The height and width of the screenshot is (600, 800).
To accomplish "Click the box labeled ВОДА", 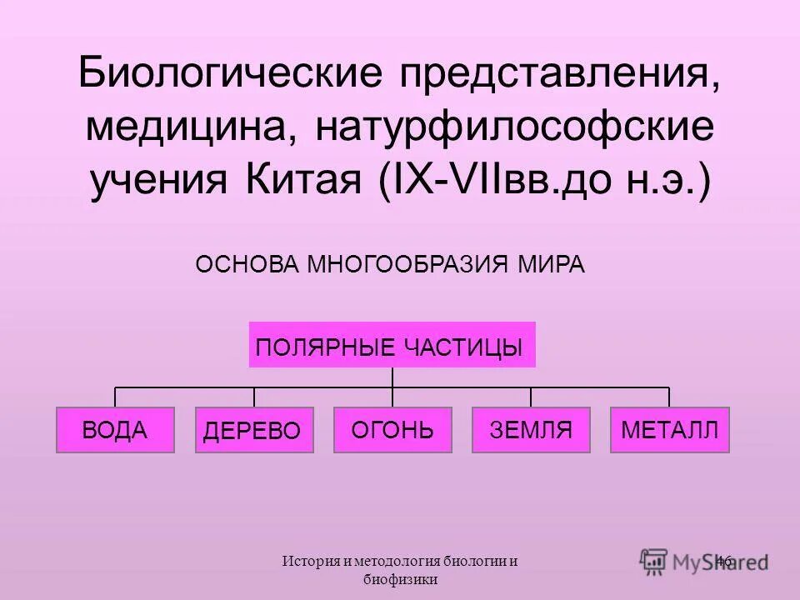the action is pos(115,430).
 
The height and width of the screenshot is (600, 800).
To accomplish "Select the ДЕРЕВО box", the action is pos(254,430).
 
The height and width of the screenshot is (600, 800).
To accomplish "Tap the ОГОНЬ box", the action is pos(392,430).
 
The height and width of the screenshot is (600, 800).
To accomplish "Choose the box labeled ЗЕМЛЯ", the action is pos(531,430).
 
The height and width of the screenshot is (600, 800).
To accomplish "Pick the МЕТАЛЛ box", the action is pos(669,430).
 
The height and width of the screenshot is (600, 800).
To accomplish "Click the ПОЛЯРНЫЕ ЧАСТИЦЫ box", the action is pos(392,345).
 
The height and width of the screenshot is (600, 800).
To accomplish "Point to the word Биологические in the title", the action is pos(232,77).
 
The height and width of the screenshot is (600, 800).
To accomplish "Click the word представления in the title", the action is pos(559,77).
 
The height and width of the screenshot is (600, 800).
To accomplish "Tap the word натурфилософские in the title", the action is pos(515,129).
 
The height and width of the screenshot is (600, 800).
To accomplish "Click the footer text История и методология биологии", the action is pos(400,562).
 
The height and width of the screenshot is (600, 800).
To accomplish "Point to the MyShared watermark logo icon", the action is pos(654,560).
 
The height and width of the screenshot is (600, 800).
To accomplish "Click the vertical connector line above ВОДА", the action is pos(115,397).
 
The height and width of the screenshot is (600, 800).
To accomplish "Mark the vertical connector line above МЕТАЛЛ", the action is pos(669,397).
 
